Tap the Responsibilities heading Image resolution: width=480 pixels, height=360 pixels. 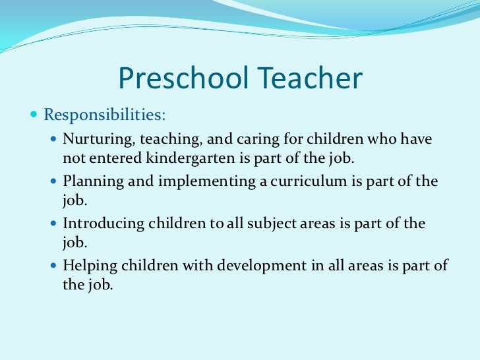(x=105, y=115)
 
